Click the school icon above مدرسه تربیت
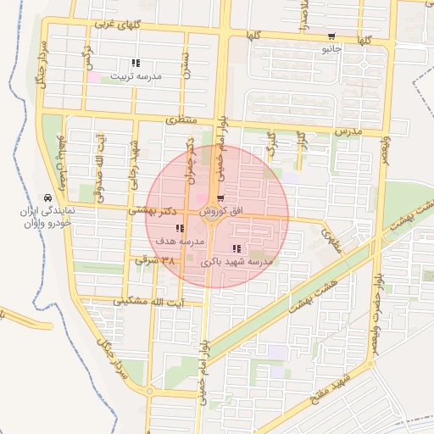[136, 63]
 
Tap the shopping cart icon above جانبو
[331, 36]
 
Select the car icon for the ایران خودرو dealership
[46, 193]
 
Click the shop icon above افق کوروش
[220, 198]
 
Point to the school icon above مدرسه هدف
[179, 228]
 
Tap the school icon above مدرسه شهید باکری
[236, 249]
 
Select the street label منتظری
[180, 120]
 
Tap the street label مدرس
[347, 132]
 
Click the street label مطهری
[331, 242]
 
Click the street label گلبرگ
[271, 144]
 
